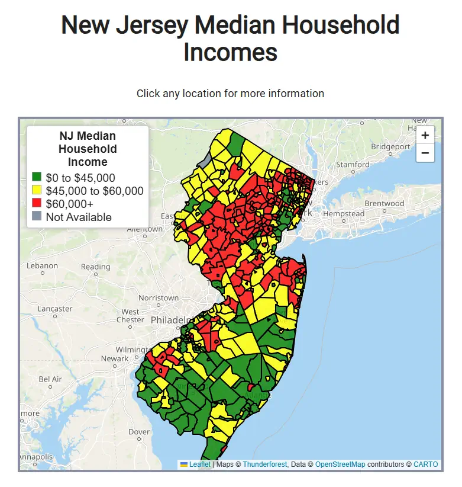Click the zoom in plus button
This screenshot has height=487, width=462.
425,135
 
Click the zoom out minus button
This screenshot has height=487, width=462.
425,153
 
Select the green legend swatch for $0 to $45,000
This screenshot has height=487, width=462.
37,177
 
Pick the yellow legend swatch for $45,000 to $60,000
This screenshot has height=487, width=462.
37,190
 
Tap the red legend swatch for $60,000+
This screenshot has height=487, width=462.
37,203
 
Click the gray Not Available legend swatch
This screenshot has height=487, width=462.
37,216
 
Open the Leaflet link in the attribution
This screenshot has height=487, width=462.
200,464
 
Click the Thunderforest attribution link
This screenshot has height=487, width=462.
264,464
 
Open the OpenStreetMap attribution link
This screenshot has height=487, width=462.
340,464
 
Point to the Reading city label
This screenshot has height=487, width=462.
95,267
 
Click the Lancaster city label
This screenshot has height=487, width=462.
54,309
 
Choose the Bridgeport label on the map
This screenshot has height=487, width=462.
390,146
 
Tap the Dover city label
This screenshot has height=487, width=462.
139,431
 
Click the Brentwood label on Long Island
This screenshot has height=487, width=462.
384,203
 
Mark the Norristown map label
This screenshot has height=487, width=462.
158,297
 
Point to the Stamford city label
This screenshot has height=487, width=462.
353,164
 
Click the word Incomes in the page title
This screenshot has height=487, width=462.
230,52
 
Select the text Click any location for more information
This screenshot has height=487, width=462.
230,94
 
